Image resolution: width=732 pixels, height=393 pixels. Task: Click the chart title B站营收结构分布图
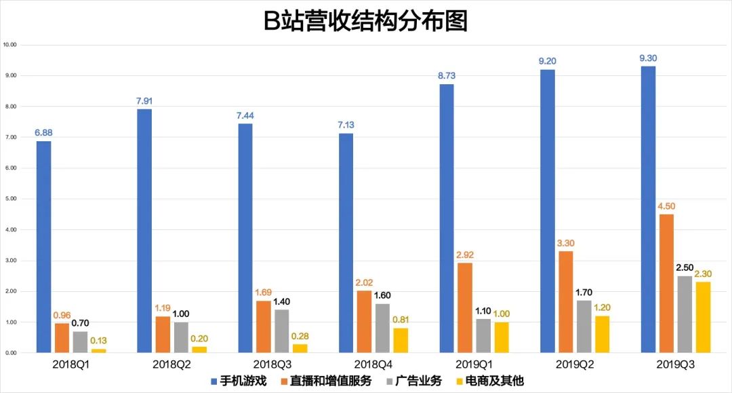pos(365,21)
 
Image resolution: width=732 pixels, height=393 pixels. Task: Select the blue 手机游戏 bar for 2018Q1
pos(43,247)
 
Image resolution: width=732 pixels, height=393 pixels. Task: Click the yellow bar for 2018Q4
pos(401,340)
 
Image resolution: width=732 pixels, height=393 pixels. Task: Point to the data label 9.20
pos(547,61)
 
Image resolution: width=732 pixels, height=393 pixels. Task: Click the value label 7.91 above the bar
pos(144,101)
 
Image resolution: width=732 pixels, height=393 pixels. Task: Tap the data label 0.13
pos(98,341)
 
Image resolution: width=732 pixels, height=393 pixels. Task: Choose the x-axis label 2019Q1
pos(472,364)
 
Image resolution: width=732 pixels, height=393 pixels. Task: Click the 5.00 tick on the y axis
pos(10,199)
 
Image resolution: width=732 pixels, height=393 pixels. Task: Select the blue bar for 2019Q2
pos(547,211)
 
